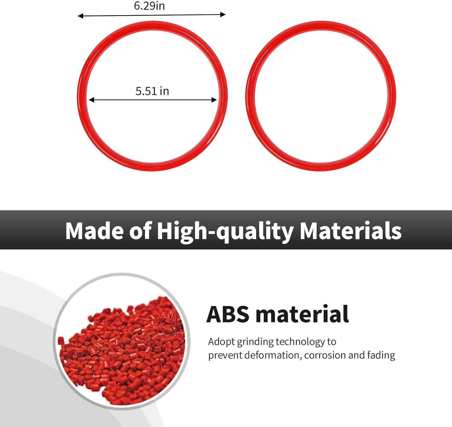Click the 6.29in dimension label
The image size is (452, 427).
(x=149, y=6)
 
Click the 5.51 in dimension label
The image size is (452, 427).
(x=152, y=91)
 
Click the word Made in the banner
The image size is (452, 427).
(x=95, y=231)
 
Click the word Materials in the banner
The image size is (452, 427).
(x=351, y=231)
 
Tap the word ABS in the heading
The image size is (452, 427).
(x=228, y=314)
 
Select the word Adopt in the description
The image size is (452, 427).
(x=221, y=342)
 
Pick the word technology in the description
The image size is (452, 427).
(x=300, y=342)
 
